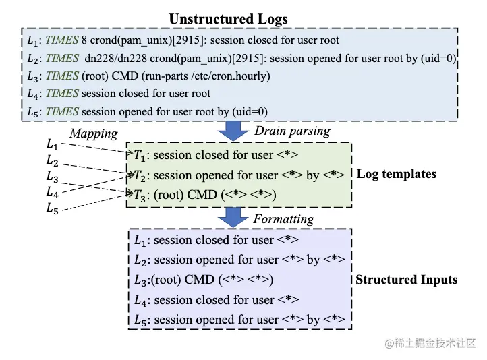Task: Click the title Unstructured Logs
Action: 228,20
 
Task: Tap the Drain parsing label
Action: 292,131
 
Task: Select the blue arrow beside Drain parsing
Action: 233,131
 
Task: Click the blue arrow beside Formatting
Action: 233,217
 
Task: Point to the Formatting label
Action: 283,219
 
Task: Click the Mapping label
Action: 94,133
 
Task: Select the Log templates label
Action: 397,174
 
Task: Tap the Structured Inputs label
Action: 407,280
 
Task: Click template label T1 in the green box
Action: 139,155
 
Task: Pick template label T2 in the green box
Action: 140,176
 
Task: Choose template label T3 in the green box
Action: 140,196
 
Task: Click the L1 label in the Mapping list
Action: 52,144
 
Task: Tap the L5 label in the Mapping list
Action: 52,208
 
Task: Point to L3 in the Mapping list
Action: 52,177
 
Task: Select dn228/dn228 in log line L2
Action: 115,59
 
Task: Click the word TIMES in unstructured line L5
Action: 62,112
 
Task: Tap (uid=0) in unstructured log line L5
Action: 250,112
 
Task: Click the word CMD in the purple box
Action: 200,280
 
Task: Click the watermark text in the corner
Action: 430,343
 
